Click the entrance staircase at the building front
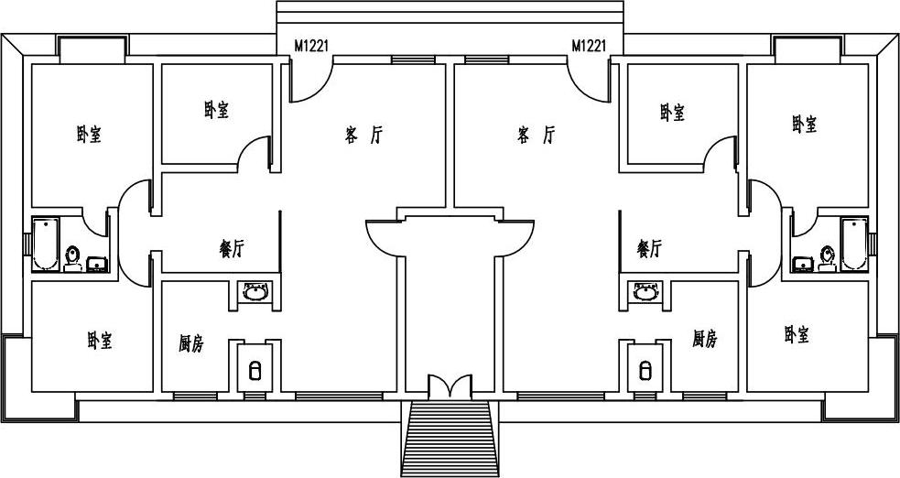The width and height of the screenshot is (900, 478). (450, 439)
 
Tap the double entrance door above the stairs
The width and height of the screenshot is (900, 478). (450, 385)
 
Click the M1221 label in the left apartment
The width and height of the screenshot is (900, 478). (311, 46)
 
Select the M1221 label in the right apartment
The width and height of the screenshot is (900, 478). (589, 46)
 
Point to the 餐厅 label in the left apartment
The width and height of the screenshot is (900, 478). (233, 248)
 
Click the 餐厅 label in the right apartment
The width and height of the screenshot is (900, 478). (649, 248)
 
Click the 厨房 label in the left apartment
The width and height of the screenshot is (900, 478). (190, 344)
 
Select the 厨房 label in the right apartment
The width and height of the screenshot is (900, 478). (705, 340)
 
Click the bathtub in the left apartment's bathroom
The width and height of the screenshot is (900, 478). (44, 244)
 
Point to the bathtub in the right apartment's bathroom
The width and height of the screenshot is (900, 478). (854, 244)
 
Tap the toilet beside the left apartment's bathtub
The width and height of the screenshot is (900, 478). (72, 256)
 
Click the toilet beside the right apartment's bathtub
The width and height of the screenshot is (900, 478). (827, 256)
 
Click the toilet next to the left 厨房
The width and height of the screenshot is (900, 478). (255, 370)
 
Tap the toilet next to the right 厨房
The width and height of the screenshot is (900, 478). (645, 370)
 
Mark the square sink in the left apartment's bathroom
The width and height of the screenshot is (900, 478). (96, 265)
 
